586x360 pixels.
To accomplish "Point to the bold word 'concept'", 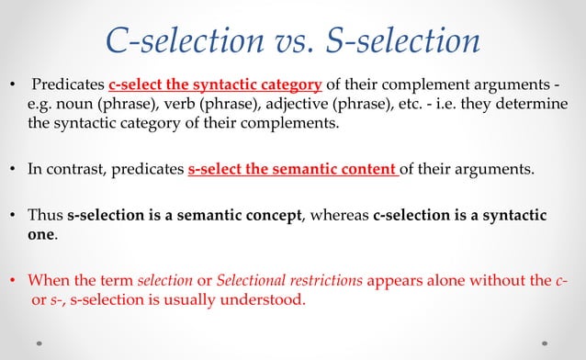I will pos(272,216).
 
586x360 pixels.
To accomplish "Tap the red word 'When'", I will pos(48,281).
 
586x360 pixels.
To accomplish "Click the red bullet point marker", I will pos(12,281).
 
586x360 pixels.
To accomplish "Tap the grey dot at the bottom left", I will pos(40,344).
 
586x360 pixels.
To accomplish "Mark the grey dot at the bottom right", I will pos(547,344).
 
